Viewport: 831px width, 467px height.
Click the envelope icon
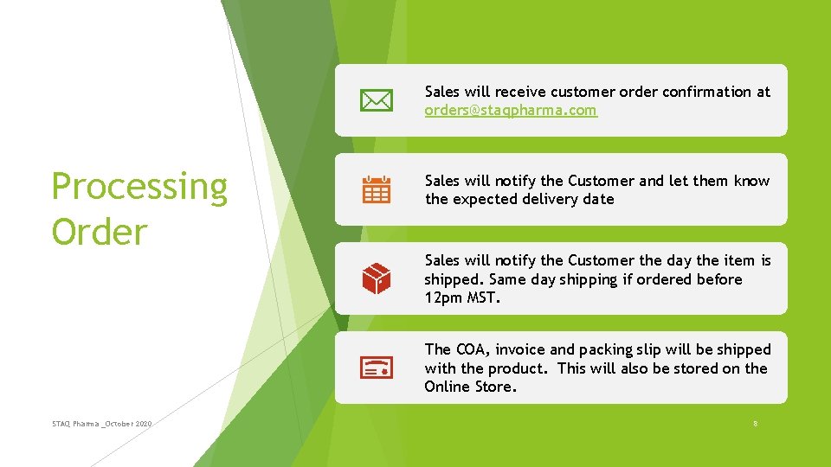tap(376, 101)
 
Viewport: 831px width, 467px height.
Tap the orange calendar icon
tap(376, 189)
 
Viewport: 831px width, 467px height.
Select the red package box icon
tap(376, 278)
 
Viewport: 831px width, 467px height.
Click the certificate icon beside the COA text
tap(376, 368)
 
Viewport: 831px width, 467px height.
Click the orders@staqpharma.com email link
tap(510, 111)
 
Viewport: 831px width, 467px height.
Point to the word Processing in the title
tap(139, 187)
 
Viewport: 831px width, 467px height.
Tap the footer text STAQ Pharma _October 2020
tap(101, 423)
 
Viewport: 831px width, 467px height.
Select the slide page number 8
tap(755, 423)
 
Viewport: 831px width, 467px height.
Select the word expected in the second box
tap(479, 199)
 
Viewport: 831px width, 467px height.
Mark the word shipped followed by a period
tap(454, 279)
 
